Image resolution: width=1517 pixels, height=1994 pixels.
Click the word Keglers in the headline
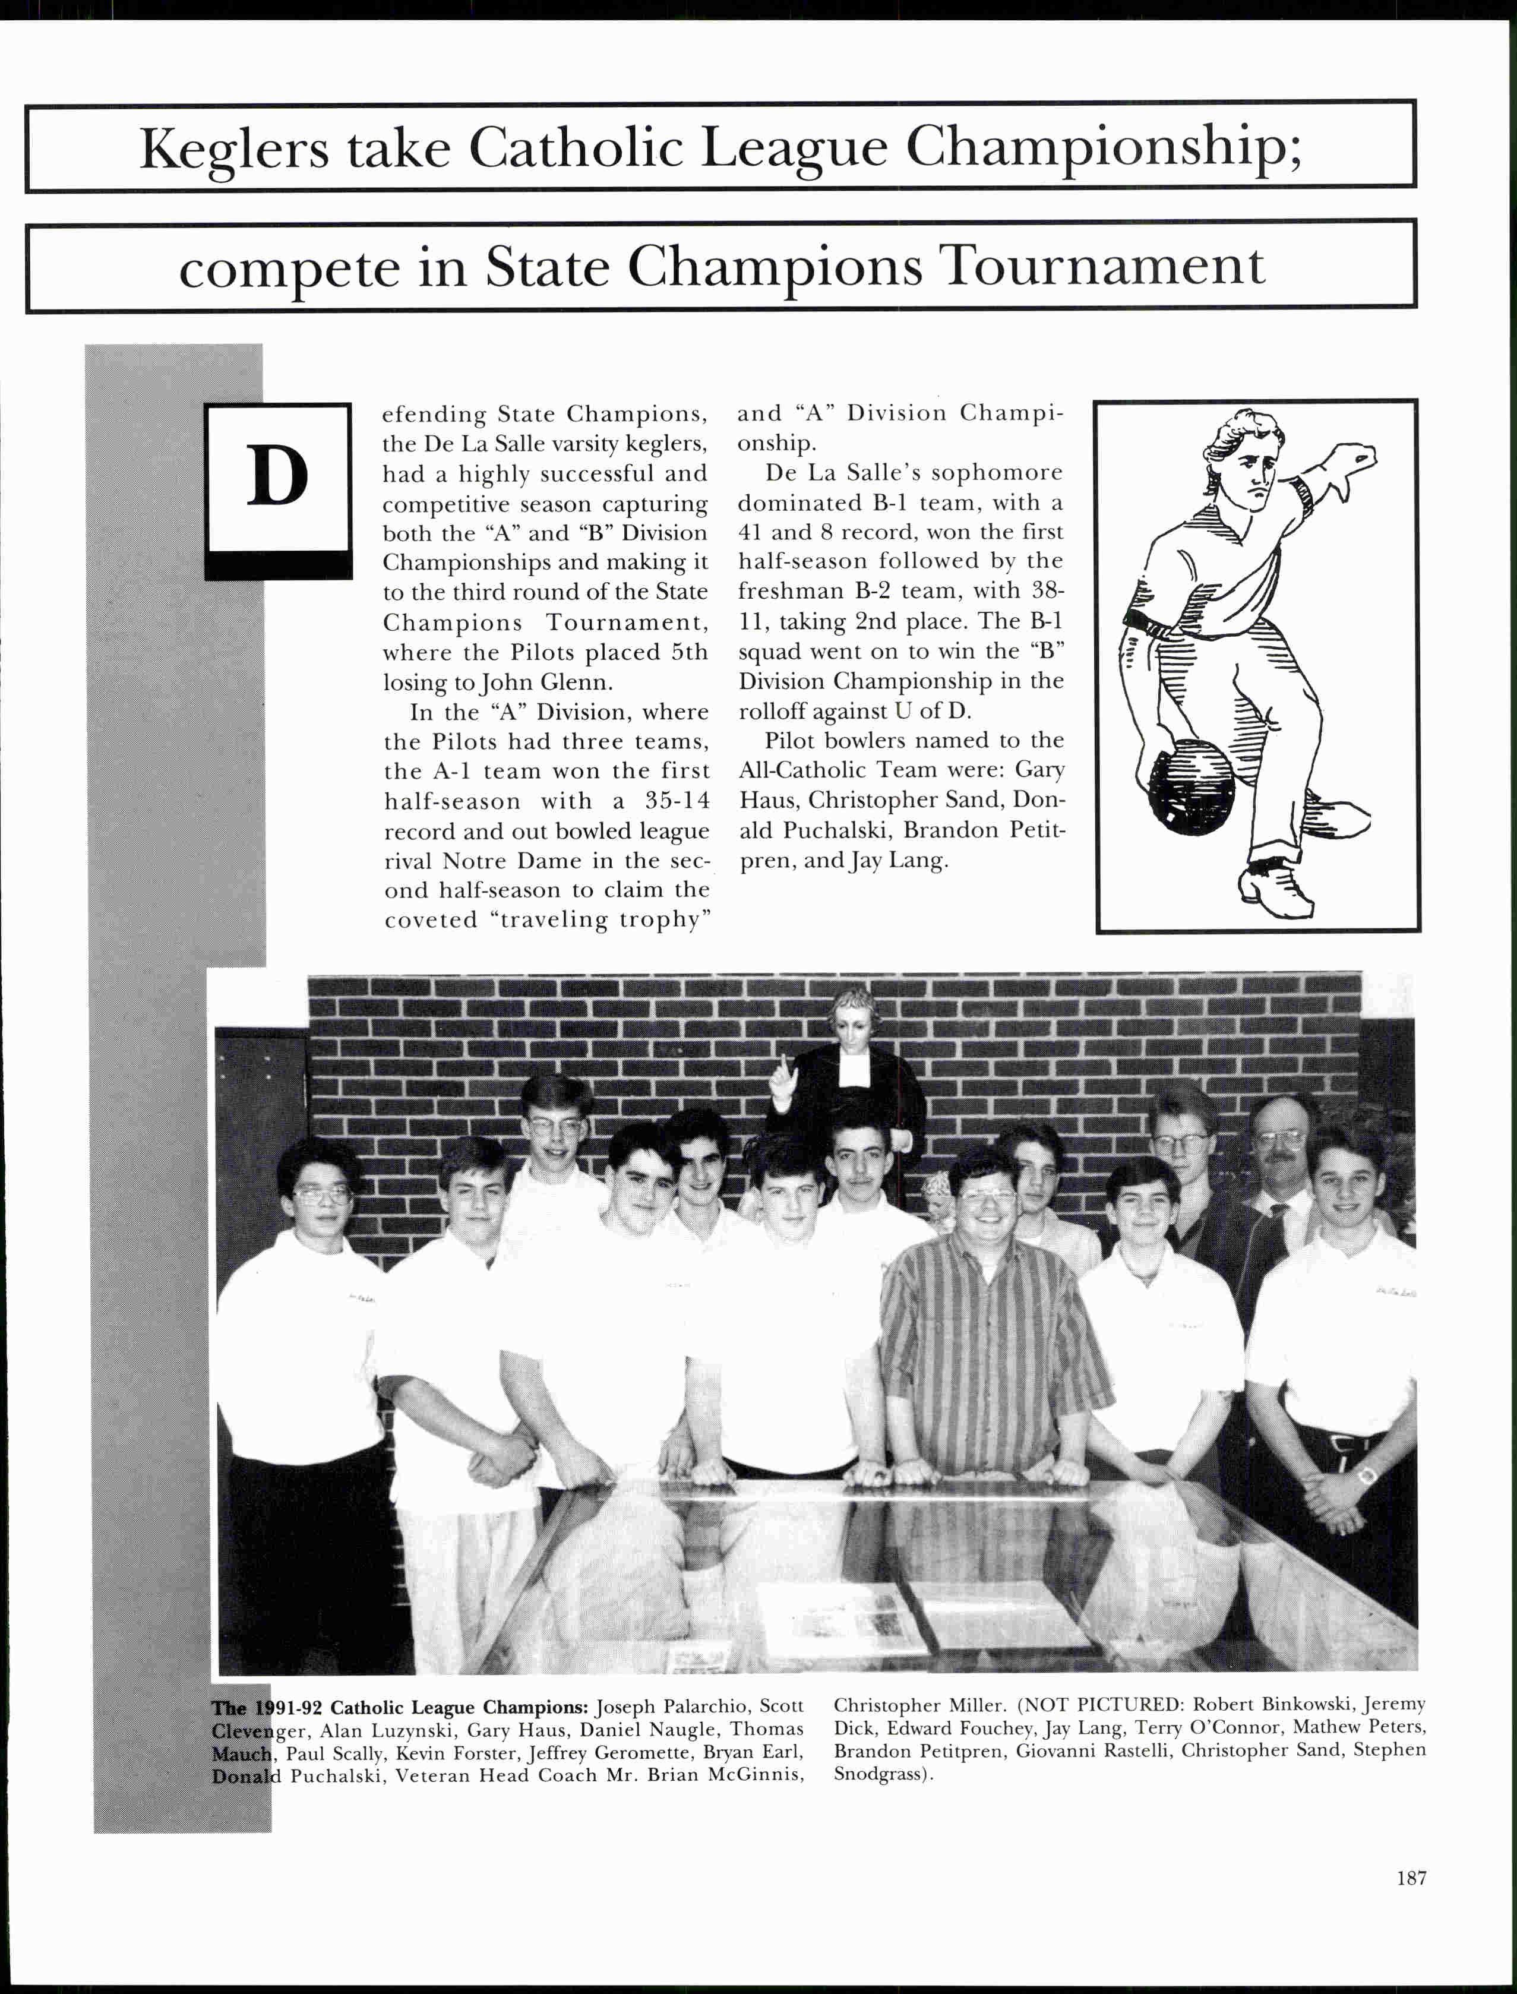(234, 149)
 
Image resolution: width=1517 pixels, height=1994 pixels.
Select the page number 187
(1411, 1878)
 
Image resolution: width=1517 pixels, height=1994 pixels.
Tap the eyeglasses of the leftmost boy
(321, 1194)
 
